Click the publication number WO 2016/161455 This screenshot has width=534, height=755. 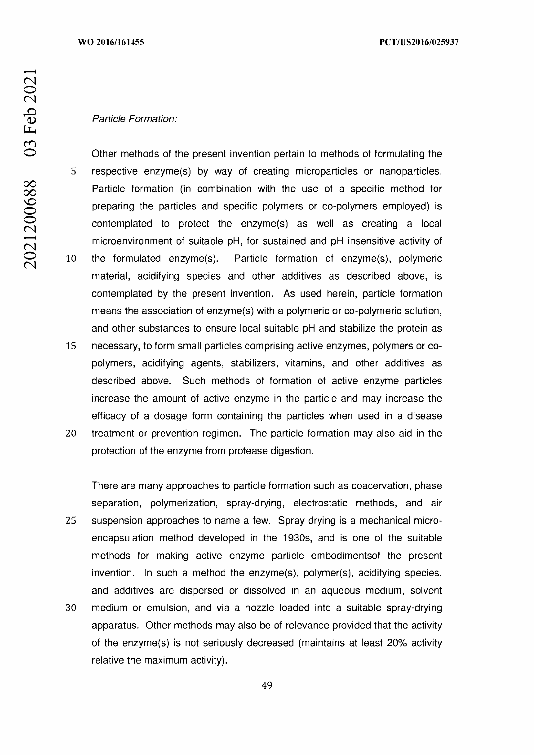click(x=111, y=42)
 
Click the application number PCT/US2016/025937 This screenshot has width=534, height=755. click(x=419, y=42)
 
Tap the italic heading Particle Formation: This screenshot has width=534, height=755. click(x=134, y=119)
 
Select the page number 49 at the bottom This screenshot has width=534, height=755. click(x=267, y=685)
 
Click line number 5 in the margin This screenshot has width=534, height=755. click(x=73, y=171)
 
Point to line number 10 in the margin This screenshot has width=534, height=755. click(x=71, y=259)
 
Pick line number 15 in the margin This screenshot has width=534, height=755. click(x=71, y=346)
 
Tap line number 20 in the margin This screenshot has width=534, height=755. click(x=71, y=434)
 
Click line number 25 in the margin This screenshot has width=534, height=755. click(x=71, y=521)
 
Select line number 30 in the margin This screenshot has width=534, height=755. click(x=71, y=608)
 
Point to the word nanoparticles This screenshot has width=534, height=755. click(x=410, y=171)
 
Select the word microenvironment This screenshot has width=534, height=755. click(x=132, y=241)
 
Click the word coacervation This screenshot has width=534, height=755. click(x=381, y=486)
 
